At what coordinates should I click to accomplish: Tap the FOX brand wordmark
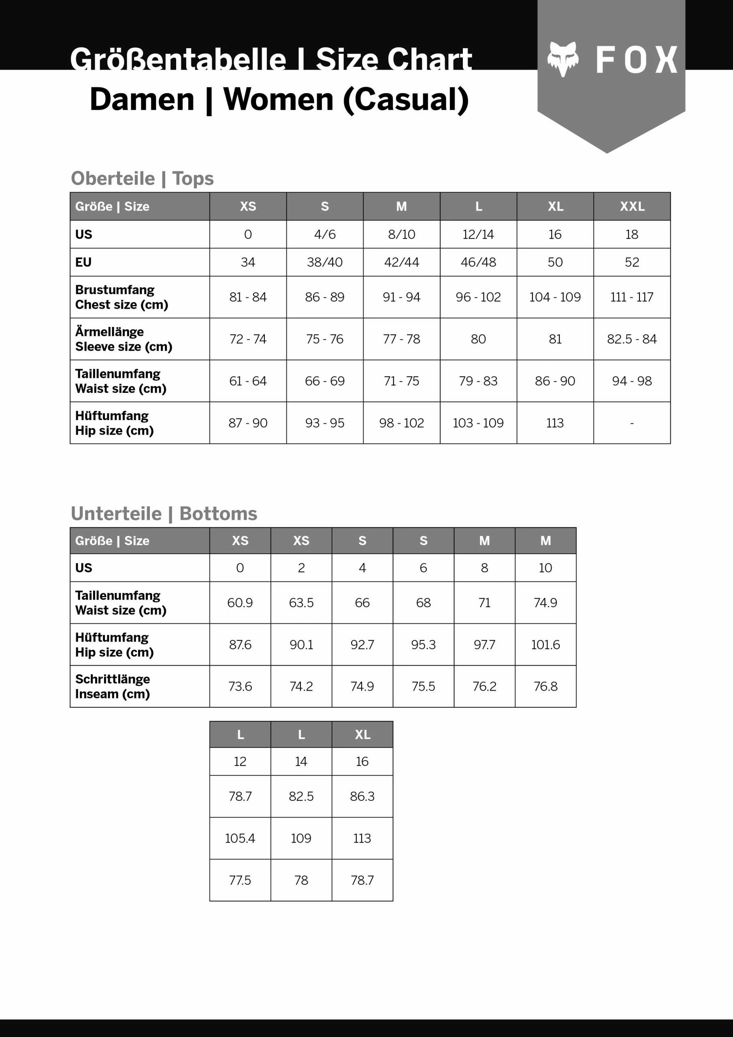[636, 60]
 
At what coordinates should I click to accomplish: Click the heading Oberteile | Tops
[142, 178]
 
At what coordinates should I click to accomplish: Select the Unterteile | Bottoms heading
[164, 514]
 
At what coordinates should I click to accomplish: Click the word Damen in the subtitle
[142, 99]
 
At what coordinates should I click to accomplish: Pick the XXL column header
[632, 207]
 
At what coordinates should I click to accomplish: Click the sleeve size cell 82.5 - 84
[631, 339]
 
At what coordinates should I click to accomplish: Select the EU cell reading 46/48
[478, 262]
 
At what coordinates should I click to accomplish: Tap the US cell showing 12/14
[478, 235]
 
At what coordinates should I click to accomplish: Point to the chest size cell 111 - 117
[631, 297]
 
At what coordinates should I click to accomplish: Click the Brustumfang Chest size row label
[121, 297]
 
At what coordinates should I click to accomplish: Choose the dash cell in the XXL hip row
[631, 423]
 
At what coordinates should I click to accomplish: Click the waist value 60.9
[240, 602]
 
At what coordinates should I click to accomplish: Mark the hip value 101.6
[545, 644]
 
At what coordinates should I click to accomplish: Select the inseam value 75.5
[423, 686]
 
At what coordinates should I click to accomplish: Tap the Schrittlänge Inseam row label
[113, 687]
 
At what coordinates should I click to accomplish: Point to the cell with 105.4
[240, 838]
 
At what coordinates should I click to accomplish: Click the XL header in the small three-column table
[362, 735]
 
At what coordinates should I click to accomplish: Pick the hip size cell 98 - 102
[401, 423]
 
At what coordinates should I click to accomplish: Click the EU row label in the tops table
[83, 262]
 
